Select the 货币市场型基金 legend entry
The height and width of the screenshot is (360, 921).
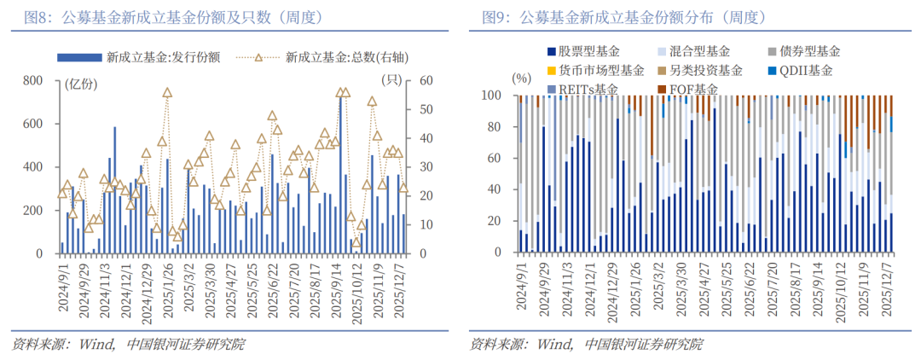[x=601, y=71]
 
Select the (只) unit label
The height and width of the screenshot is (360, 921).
[x=391, y=82]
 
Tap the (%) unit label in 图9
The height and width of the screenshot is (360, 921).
[x=523, y=78]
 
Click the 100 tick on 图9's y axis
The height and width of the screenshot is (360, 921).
[x=493, y=96]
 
